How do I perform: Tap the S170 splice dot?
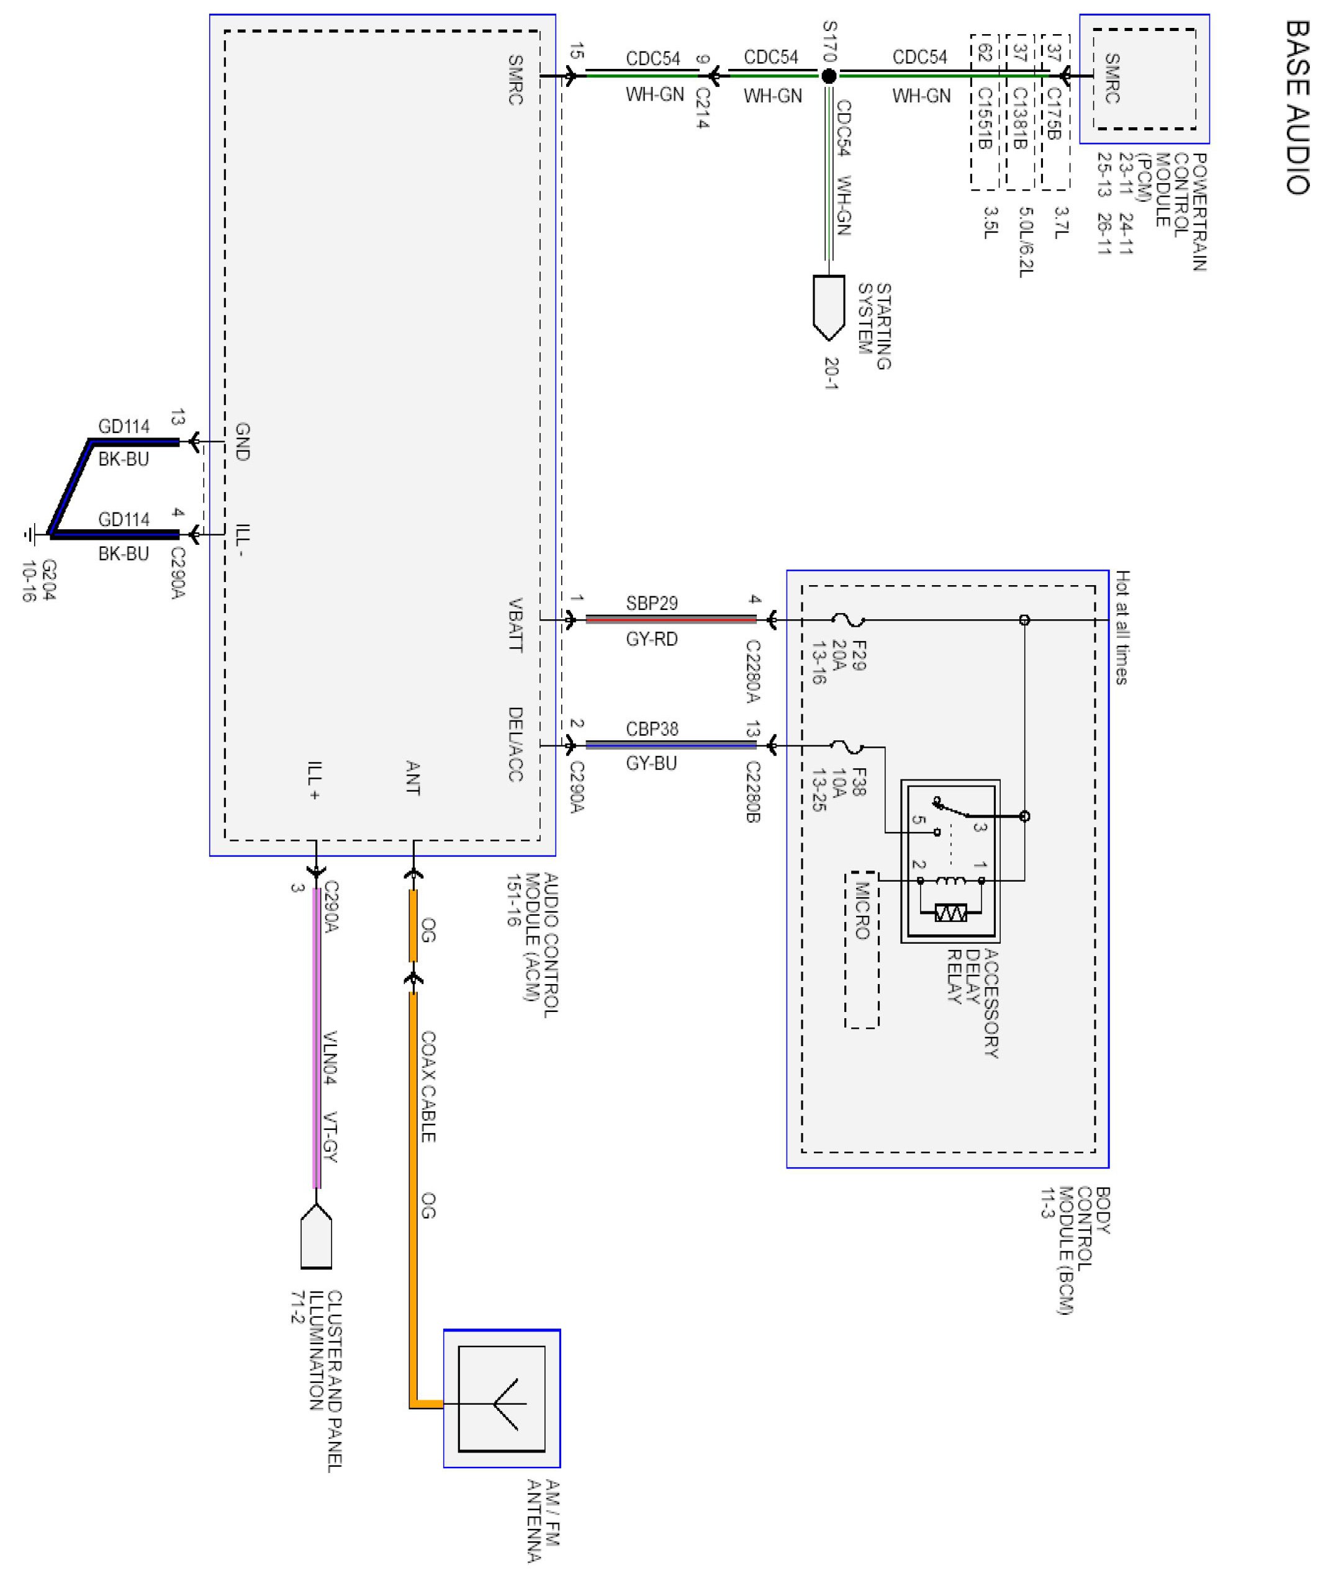[829, 76]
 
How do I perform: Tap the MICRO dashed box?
[862, 950]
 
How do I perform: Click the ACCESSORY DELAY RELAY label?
[973, 1003]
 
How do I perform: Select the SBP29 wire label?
[652, 604]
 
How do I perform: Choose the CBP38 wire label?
[652, 730]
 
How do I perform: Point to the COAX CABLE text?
[428, 1087]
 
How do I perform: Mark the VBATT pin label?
[515, 625]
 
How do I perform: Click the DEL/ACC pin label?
[515, 744]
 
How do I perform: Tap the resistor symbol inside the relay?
[950, 913]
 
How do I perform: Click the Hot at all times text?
[1122, 627]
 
